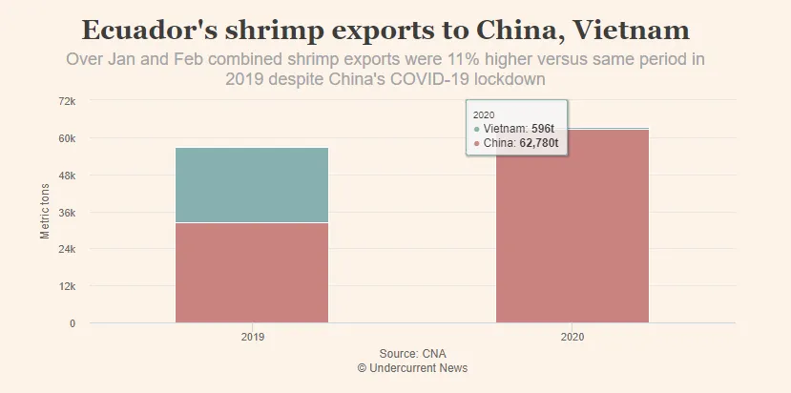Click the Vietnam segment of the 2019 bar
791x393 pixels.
coord(252,185)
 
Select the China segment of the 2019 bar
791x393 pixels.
coord(252,272)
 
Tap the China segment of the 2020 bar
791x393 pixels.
coord(572,229)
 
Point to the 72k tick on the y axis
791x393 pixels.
coord(67,101)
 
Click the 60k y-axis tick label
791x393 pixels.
coord(67,138)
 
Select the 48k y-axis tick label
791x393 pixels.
coord(67,176)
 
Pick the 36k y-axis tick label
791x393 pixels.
coord(67,213)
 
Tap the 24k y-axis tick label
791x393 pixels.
coord(67,249)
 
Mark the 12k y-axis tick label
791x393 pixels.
coord(67,286)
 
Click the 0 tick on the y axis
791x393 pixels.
coord(72,323)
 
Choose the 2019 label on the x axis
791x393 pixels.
coord(252,338)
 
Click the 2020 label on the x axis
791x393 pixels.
coord(572,338)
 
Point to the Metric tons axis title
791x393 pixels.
coord(45,212)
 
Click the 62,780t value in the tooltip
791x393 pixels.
coord(538,143)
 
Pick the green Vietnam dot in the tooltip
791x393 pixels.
coord(477,128)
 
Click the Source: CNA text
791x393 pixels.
coord(412,354)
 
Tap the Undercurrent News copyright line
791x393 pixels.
coord(412,368)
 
